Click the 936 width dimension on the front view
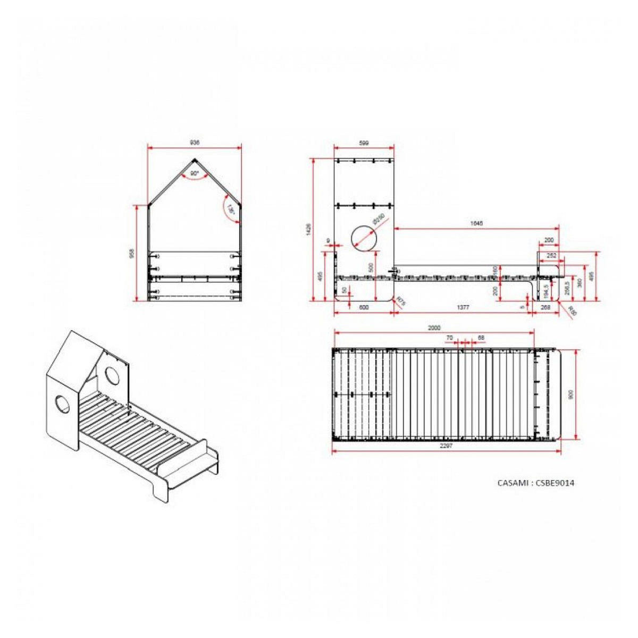195,142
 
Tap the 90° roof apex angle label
194,174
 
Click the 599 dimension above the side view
364,143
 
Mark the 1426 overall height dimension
309,229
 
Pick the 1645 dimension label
476,224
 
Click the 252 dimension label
551,256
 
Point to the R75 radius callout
401,302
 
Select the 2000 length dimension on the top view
434,328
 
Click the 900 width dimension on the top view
570,394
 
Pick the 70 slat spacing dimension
449,338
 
